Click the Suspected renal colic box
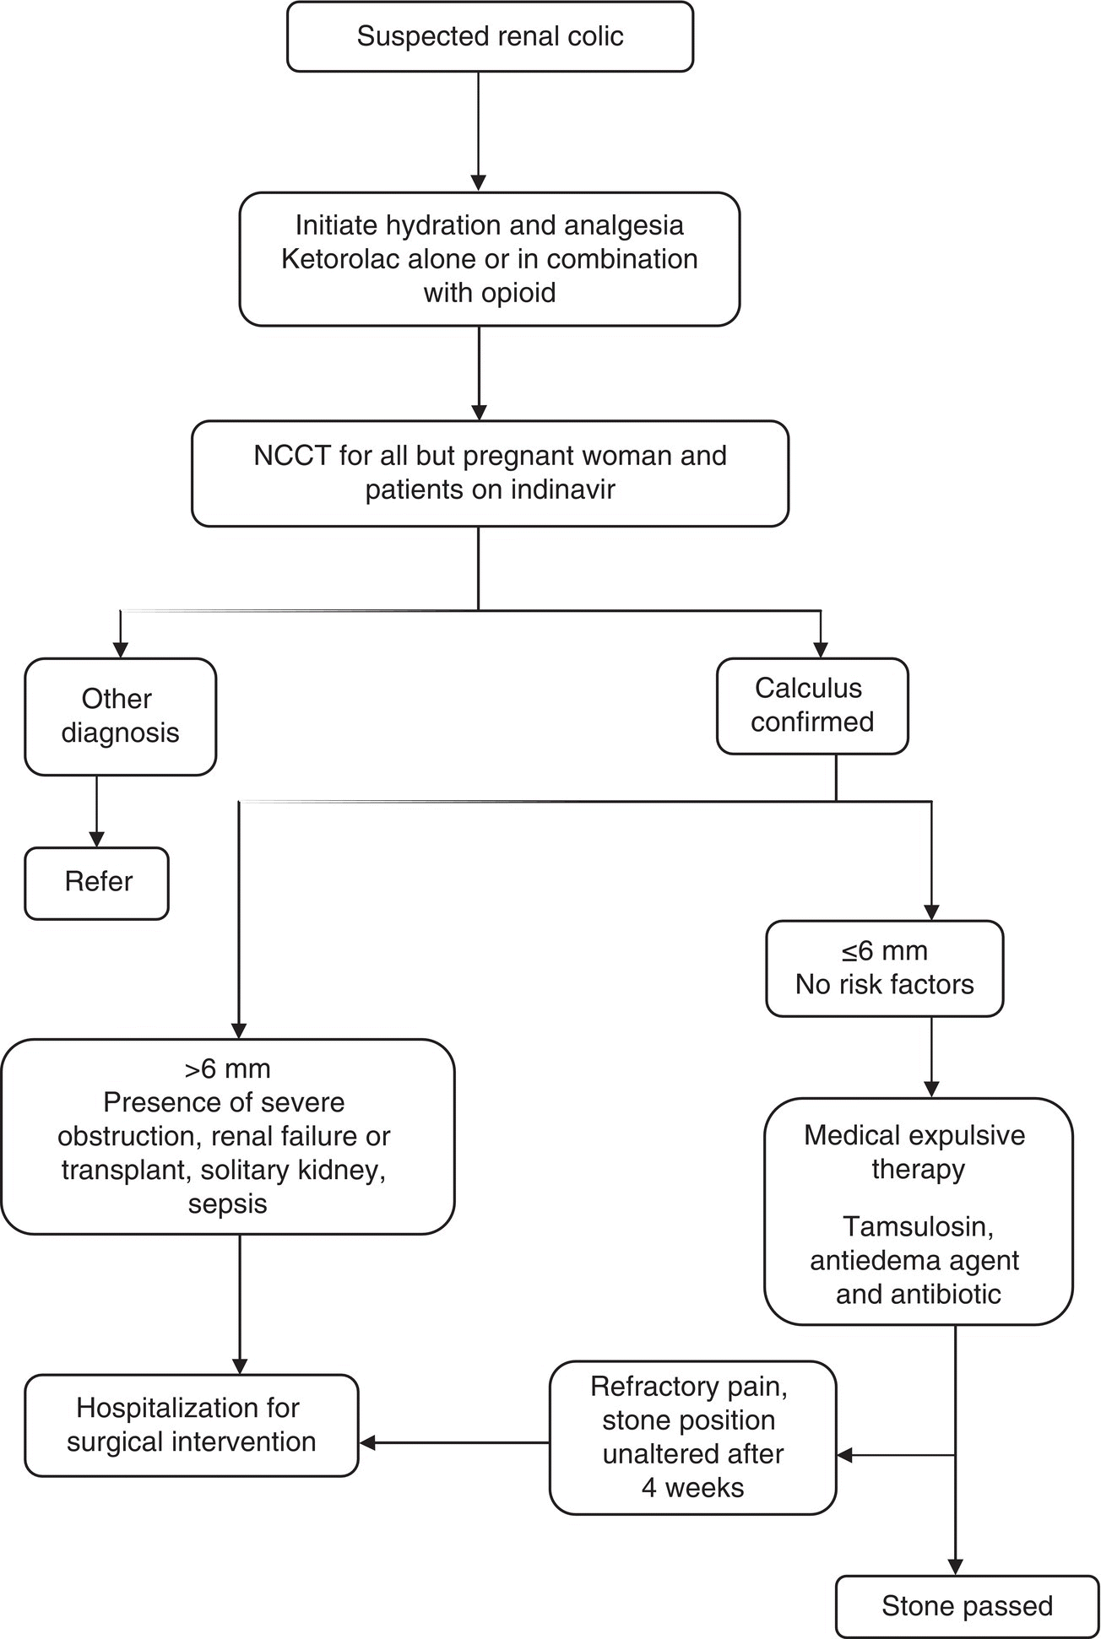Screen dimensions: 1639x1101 490,36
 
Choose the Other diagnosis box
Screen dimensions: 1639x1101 120,716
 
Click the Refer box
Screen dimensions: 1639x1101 97,882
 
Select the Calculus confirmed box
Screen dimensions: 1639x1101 811,706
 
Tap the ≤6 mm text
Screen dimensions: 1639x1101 884,951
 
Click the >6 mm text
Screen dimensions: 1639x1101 228,1069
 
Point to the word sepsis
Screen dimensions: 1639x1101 228,1204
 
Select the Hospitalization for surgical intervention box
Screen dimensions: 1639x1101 192,1425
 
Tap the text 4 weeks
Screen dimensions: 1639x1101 692,1487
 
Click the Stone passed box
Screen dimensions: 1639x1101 967,1605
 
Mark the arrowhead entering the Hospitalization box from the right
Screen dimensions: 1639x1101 368,1443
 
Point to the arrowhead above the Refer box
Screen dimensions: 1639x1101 97,839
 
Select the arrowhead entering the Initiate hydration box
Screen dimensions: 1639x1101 479,183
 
